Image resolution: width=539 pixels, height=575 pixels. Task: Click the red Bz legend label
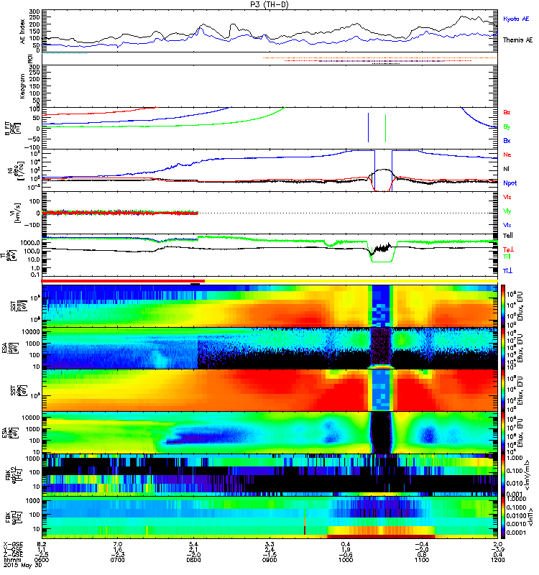[x=507, y=113]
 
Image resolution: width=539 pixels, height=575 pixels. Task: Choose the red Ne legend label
[x=507, y=155]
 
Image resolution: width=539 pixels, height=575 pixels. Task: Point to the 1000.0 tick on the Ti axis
[x=32, y=243]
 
